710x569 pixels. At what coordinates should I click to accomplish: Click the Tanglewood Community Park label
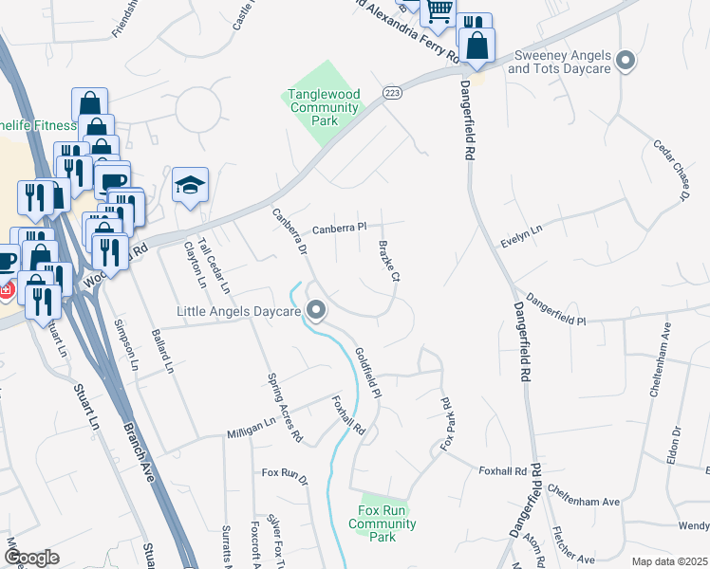(x=324, y=107)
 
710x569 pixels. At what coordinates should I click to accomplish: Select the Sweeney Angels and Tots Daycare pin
(x=625, y=63)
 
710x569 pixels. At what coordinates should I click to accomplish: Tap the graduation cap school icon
(x=190, y=185)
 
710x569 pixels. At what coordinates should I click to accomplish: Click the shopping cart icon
(x=438, y=11)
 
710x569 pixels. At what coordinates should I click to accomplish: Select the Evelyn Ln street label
(x=522, y=237)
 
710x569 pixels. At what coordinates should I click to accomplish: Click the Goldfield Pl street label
(x=367, y=372)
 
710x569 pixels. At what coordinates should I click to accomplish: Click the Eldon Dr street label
(x=676, y=444)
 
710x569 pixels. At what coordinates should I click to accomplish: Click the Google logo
(x=31, y=558)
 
